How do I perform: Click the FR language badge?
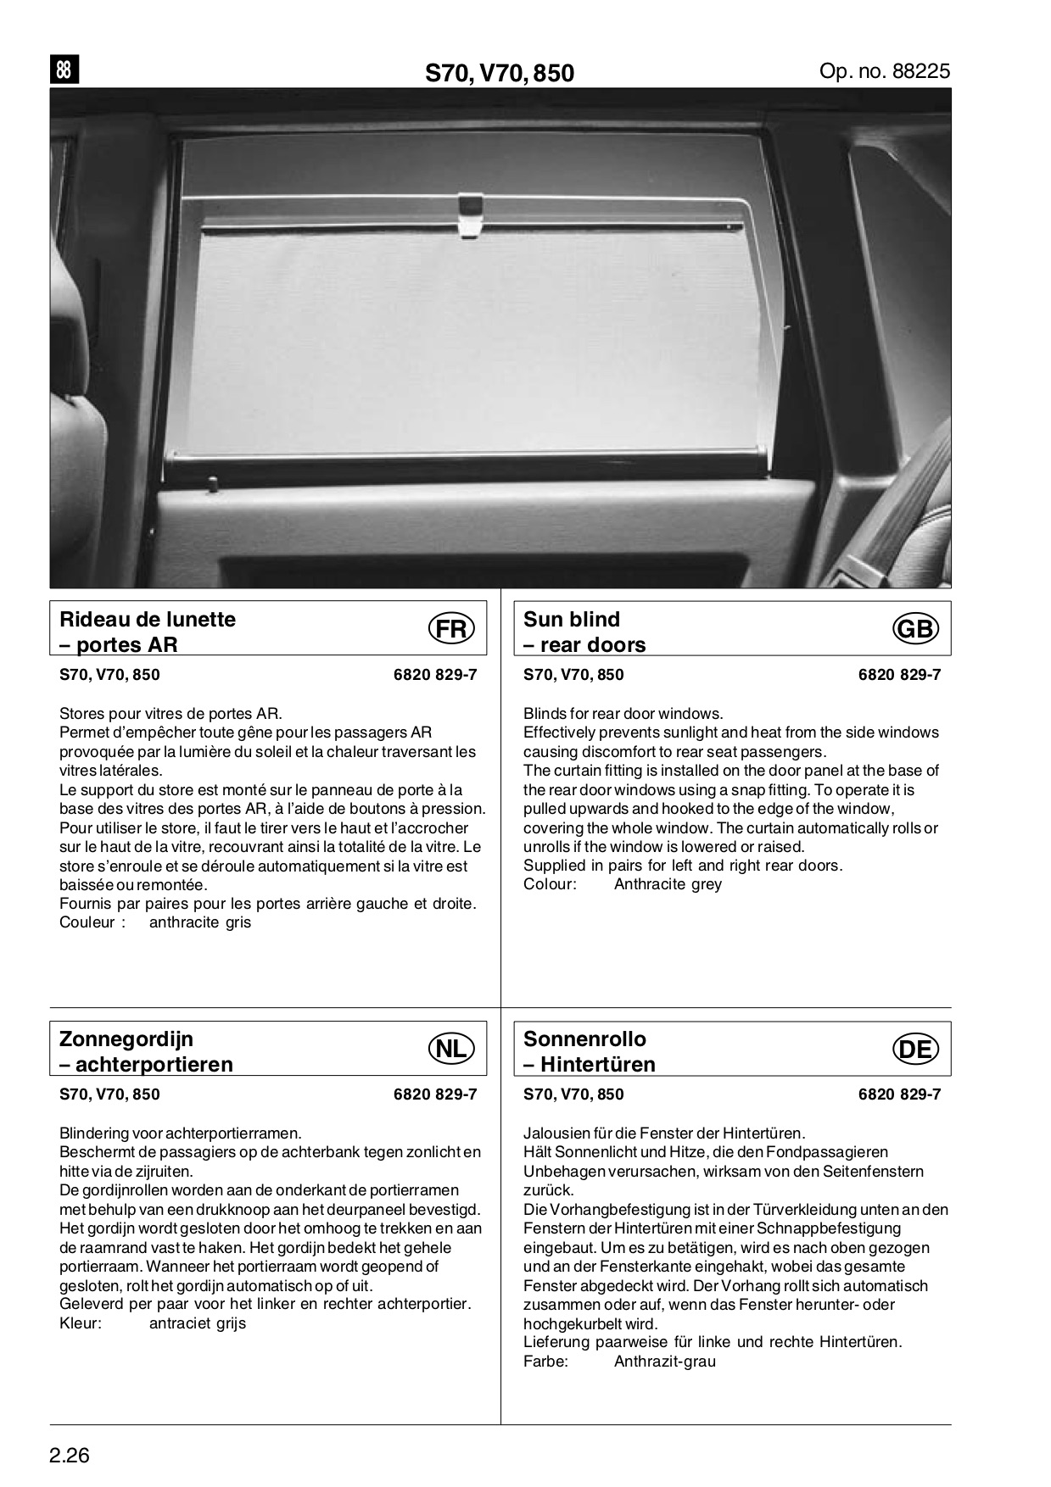coord(451,629)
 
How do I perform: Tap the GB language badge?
coord(915,629)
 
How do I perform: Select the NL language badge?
coord(451,1049)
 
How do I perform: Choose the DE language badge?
coord(915,1049)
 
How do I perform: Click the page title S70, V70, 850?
coord(500,74)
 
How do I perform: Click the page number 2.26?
coord(70,1456)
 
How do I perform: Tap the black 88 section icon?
coord(64,70)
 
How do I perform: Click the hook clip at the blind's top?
coord(470,215)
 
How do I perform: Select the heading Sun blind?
coord(572,619)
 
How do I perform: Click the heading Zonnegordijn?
coord(126,1039)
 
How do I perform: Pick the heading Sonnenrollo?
coord(584,1039)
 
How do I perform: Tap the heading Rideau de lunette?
coord(148,619)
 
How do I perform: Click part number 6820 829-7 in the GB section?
coord(899,675)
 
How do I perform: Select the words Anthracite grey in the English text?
coord(668,884)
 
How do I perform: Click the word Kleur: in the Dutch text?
coord(81,1323)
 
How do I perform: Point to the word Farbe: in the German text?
coord(545,1362)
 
